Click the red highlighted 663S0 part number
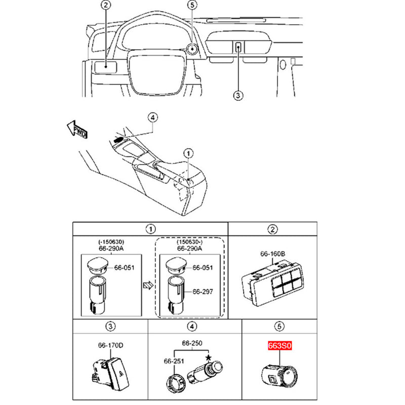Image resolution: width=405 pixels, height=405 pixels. point(280,345)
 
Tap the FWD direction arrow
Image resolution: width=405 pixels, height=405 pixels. point(77,129)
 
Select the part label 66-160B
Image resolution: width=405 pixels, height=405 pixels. point(272,254)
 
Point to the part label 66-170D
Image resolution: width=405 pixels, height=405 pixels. point(110,345)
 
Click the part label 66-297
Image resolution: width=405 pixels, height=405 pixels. point(203,292)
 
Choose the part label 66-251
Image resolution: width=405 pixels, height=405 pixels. point(174,361)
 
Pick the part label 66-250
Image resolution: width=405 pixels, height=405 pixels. point(192,343)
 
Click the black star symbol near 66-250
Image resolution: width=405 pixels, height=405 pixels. point(208,358)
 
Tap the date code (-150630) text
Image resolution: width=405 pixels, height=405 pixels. point(111,242)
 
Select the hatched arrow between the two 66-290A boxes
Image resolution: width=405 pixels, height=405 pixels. point(148,286)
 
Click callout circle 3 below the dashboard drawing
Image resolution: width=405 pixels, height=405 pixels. point(238,96)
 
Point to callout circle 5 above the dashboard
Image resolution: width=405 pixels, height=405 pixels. point(192,5)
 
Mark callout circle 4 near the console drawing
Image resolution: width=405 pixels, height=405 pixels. point(153,117)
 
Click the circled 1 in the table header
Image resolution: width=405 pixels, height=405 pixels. point(150,229)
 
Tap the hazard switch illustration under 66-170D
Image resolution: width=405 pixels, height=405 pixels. point(110,374)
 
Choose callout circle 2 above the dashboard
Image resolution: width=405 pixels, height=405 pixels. point(106,5)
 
